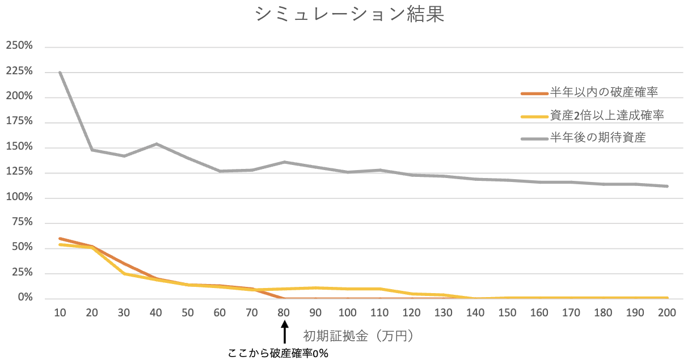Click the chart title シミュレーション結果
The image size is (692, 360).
coord(349,15)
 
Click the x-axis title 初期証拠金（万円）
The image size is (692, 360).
coord(357,336)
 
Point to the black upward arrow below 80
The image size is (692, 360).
coord(285,333)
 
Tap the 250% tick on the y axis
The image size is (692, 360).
coord(19,46)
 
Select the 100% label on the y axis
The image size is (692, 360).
coord(19,198)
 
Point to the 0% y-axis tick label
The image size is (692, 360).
coord(24,298)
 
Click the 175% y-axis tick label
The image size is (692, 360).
coord(19,122)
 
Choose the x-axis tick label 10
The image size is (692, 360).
coord(60,313)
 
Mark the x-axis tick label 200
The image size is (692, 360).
coord(667,313)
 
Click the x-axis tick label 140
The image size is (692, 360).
coord(475,313)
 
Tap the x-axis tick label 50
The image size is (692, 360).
coord(187,313)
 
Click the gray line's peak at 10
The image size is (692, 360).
coord(60,72)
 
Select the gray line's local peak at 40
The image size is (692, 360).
coord(155,144)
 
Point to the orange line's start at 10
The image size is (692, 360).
coord(60,239)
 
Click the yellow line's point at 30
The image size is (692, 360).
coord(124,274)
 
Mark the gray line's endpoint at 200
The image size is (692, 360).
coord(667,186)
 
